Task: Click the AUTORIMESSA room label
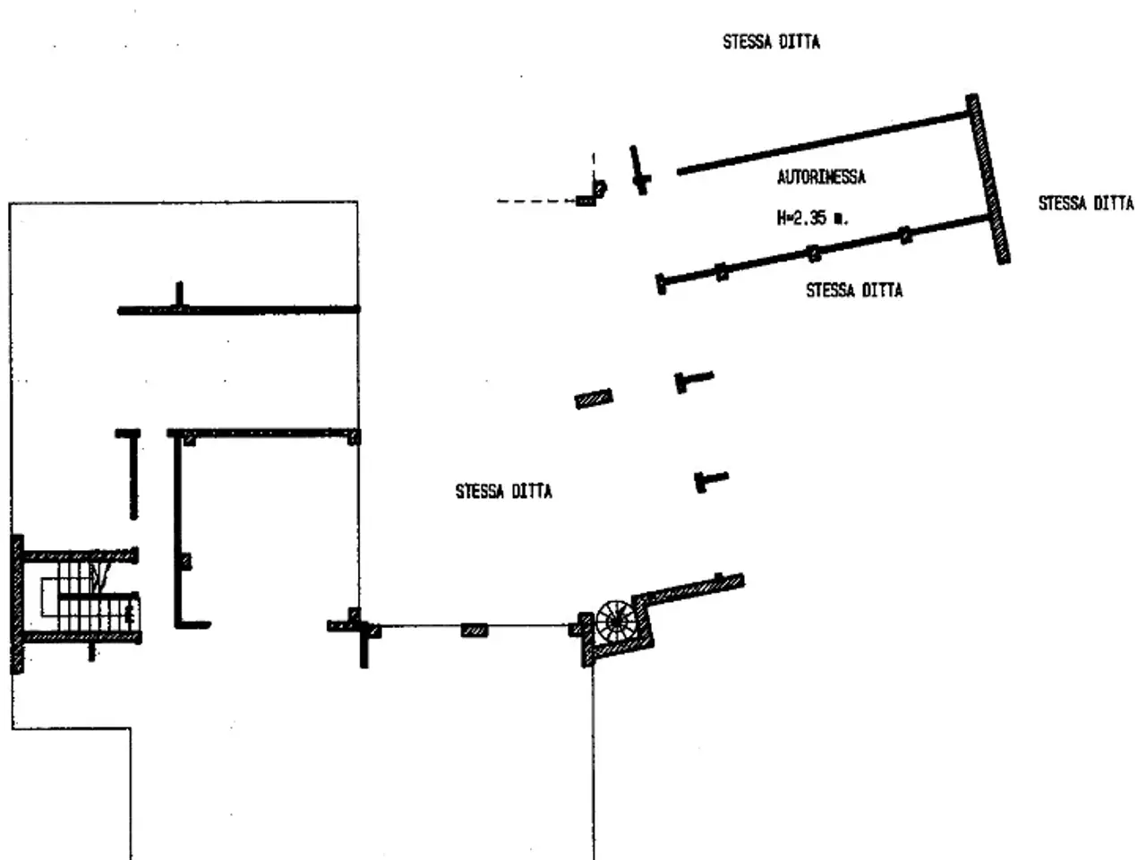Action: (x=821, y=177)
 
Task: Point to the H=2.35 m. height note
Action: (x=812, y=217)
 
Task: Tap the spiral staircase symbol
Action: (x=616, y=622)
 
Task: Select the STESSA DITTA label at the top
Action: (x=771, y=42)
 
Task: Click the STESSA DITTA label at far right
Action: (x=1086, y=203)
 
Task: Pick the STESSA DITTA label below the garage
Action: (x=854, y=289)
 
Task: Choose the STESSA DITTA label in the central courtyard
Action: (x=503, y=491)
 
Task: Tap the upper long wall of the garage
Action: (x=823, y=143)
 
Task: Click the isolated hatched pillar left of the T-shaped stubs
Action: (x=594, y=399)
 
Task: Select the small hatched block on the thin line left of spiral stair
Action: (x=475, y=631)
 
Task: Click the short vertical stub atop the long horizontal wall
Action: (x=179, y=295)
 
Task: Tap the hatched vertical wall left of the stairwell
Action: (x=17, y=604)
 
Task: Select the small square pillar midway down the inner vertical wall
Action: (x=185, y=562)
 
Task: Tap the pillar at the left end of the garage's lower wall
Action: (x=661, y=284)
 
